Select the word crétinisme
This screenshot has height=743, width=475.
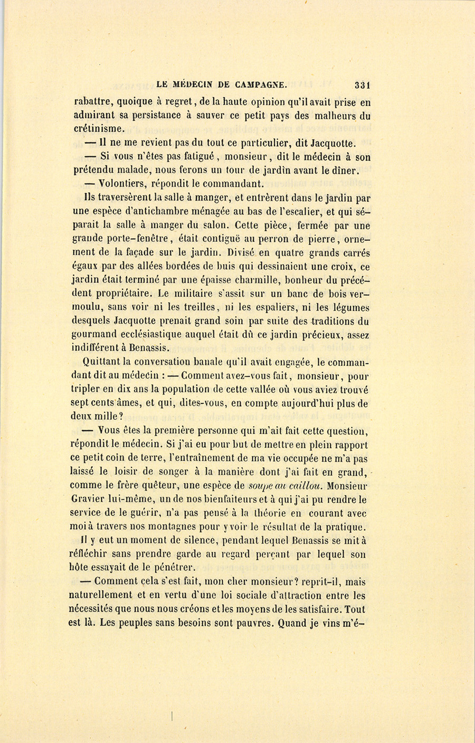100,129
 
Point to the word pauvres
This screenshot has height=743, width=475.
252,623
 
